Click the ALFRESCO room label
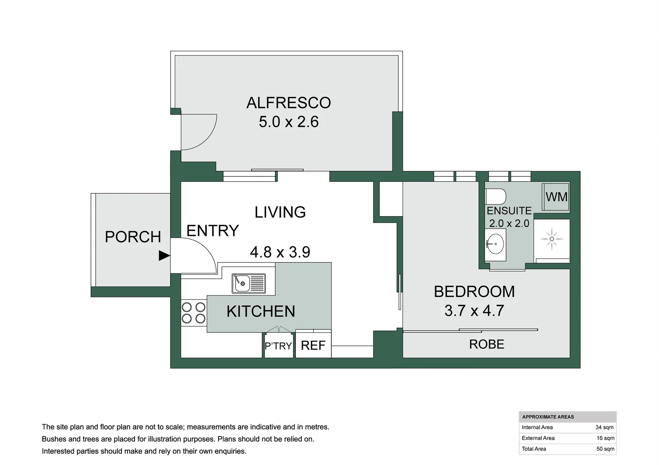tap(289, 102)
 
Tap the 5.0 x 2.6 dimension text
tap(289, 122)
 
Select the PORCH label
tap(133, 237)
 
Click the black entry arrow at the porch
tap(164, 256)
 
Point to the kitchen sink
tap(249, 284)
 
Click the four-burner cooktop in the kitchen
tap(193, 313)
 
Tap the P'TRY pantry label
tap(278, 346)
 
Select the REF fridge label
tap(313, 345)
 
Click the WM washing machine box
tap(556, 197)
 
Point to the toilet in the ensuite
tap(496, 196)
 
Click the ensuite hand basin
tap(495, 244)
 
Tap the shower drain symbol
tap(552, 239)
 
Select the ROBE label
tap(487, 344)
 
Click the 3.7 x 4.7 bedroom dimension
tap(474, 310)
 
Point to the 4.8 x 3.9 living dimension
tap(280, 252)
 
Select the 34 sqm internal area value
tap(605, 428)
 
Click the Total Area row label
tap(534, 449)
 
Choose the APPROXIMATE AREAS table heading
tap(548, 417)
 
